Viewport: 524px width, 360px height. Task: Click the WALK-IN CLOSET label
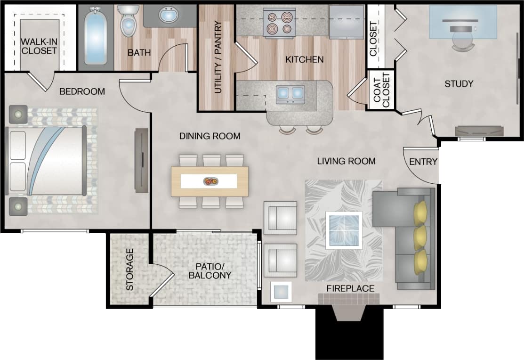coord(39,46)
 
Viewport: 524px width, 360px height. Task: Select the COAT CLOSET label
coord(381,90)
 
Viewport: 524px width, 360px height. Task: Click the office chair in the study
coord(463,38)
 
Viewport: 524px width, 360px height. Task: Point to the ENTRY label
coord(423,162)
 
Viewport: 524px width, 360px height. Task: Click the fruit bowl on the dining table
coord(210,181)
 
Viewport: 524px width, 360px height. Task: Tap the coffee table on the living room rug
coord(344,230)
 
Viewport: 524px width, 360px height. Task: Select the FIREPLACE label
coord(351,288)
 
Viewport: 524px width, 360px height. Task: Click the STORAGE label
coord(129,269)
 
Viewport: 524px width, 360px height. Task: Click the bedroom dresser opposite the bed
coord(141,160)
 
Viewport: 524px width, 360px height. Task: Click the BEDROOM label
coord(82,91)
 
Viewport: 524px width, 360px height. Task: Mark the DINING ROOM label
coord(210,136)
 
